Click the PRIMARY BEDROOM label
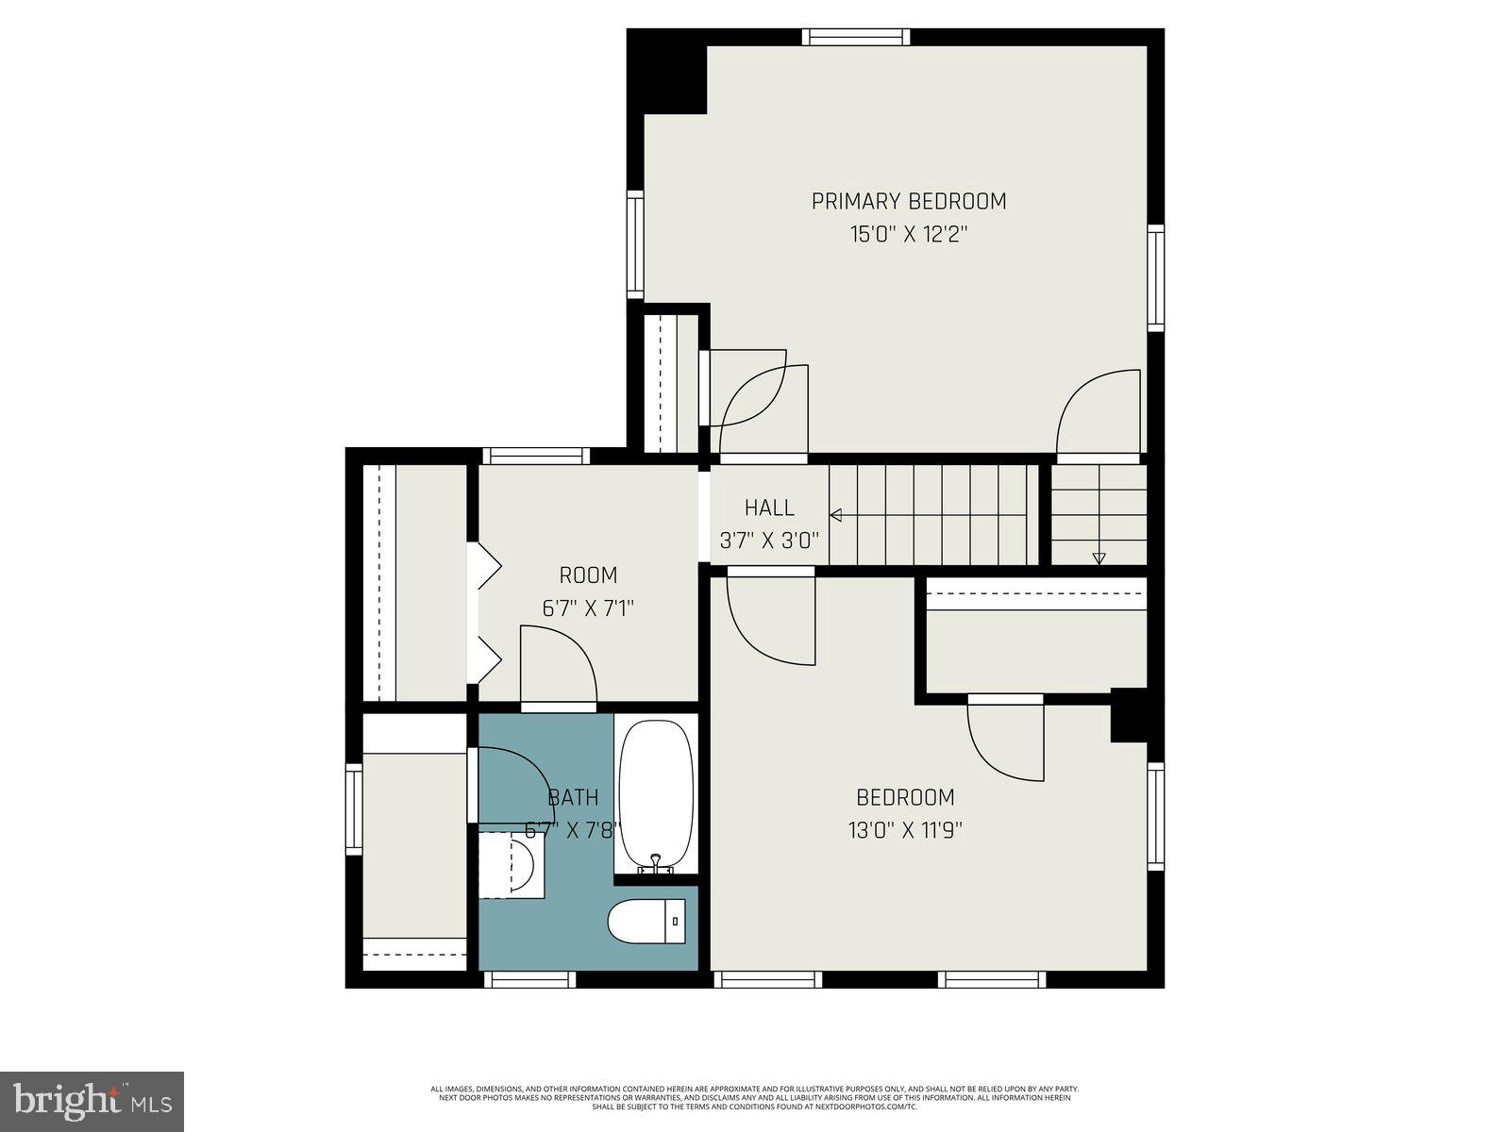[909, 201]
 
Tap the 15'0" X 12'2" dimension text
[909, 234]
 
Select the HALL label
[769, 508]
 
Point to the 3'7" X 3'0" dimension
[769, 541]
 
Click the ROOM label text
[588, 575]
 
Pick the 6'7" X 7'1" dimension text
[588, 608]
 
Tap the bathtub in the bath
[656, 794]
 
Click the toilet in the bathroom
[647, 922]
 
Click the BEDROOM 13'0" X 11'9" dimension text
[905, 830]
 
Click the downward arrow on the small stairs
[1099, 558]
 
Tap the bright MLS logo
[92, 1100]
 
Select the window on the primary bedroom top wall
[856, 37]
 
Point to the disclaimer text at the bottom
[755, 1097]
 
